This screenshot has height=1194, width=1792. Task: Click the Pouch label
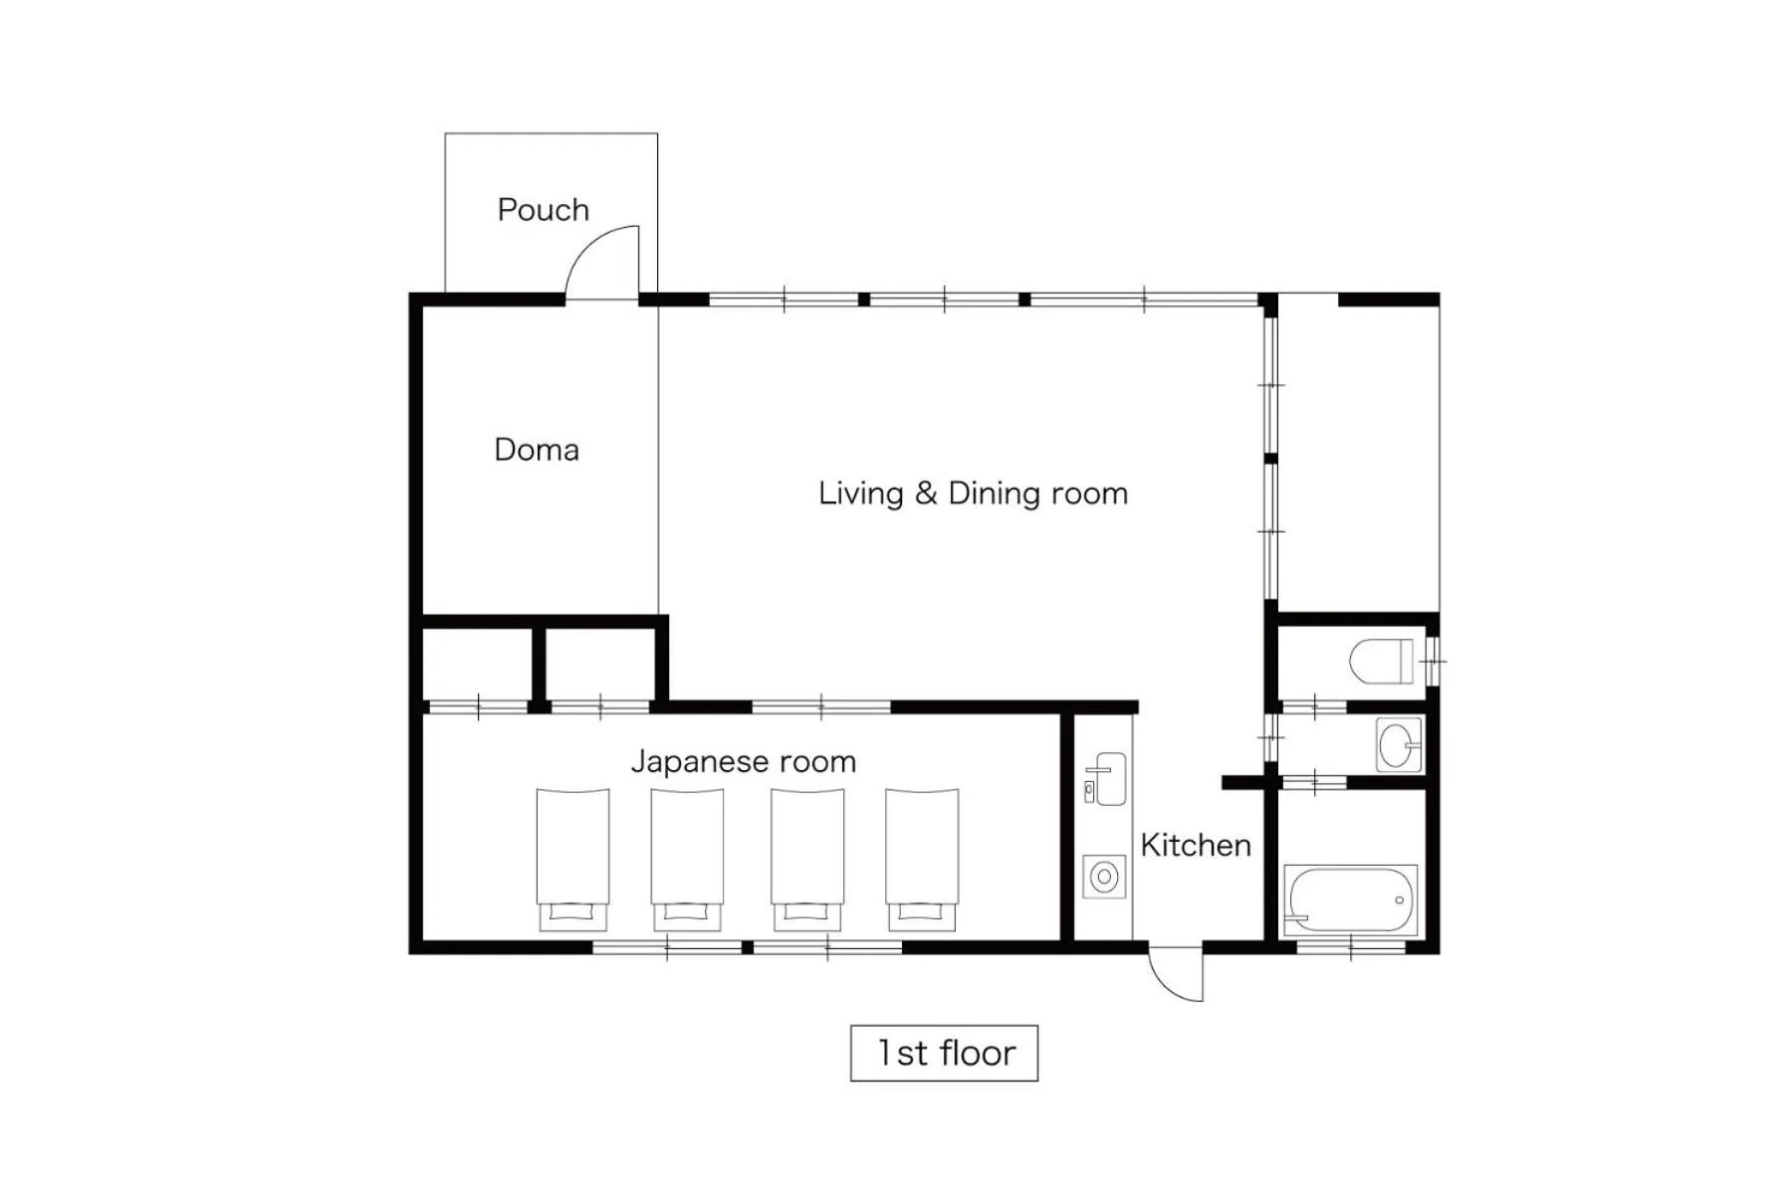(x=543, y=210)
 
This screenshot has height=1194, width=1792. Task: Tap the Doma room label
(x=536, y=450)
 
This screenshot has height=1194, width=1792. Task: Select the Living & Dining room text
(x=973, y=494)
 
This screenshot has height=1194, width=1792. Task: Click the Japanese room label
(x=743, y=762)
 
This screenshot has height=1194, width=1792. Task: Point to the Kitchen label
(x=1195, y=846)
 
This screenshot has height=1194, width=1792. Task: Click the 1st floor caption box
(x=944, y=1053)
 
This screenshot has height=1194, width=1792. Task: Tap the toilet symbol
(x=1382, y=661)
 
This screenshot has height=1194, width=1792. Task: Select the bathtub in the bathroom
(x=1350, y=898)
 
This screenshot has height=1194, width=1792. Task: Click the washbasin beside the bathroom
(x=1399, y=744)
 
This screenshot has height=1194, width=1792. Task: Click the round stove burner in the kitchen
(x=1103, y=878)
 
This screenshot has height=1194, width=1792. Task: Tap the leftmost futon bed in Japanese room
(x=572, y=858)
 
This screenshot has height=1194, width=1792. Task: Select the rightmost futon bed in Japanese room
(x=922, y=858)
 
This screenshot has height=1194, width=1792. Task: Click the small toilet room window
(x=1434, y=661)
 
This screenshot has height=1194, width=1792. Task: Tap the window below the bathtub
(x=1350, y=946)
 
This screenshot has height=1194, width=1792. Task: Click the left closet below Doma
(x=478, y=663)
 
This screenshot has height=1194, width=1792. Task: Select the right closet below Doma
(x=599, y=663)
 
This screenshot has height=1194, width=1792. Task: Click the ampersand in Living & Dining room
(x=926, y=494)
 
